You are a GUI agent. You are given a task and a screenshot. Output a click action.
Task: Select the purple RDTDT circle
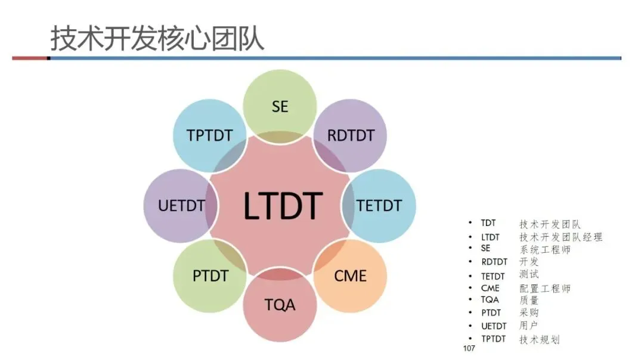click(x=351, y=135)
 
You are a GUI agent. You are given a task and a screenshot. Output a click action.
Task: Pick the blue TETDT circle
click(x=379, y=206)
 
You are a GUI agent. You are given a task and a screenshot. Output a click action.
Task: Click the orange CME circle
click(x=351, y=276)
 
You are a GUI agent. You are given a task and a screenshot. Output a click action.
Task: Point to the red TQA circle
click(x=280, y=305)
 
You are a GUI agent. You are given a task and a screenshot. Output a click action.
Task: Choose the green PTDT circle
click(x=210, y=276)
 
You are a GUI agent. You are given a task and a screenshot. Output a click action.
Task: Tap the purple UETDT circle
click(x=181, y=206)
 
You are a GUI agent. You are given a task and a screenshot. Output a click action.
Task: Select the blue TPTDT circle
click(x=209, y=135)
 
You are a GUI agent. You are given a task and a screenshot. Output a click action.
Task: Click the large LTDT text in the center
click(x=283, y=206)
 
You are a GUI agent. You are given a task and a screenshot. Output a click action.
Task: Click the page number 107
click(x=469, y=348)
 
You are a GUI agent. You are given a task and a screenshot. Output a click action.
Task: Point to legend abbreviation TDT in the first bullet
click(x=488, y=224)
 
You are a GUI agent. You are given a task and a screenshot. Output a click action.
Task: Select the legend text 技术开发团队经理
click(x=561, y=237)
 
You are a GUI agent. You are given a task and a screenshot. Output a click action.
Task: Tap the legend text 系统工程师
click(x=544, y=249)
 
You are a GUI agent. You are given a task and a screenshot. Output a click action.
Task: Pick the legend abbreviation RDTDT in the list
click(x=494, y=262)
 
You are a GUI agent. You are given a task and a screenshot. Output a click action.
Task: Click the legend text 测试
click(x=529, y=275)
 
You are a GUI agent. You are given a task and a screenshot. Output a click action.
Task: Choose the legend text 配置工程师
click(x=544, y=288)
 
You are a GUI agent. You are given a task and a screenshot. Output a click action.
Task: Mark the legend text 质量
click(x=529, y=301)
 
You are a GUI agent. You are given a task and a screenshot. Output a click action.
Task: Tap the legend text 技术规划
click(x=539, y=339)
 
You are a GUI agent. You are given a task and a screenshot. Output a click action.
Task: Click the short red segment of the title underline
click(x=30, y=58)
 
